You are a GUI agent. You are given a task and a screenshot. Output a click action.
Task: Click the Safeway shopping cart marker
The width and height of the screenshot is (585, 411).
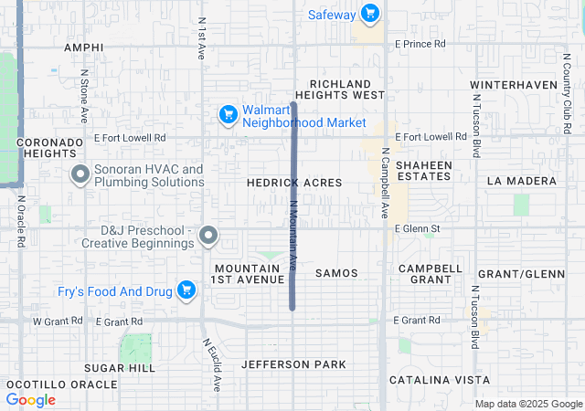pyautogui.click(x=369, y=14)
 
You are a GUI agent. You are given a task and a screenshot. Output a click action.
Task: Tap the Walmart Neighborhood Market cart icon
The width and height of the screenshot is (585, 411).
pyautogui.click(x=229, y=115)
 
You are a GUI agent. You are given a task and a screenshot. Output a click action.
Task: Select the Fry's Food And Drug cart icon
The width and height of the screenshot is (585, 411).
pyautogui.click(x=187, y=290)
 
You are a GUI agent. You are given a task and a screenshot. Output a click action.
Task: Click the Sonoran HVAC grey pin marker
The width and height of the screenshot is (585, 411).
pyautogui.click(x=80, y=174)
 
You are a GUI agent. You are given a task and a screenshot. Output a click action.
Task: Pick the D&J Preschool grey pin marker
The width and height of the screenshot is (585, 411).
pyautogui.click(x=208, y=236)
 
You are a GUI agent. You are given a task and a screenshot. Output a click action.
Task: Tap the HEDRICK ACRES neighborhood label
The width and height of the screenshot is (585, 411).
pyautogui.click(x=294, y=183)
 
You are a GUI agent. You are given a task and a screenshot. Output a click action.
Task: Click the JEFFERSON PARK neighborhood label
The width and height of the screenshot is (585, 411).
pyautogui.click(x=293, y=364)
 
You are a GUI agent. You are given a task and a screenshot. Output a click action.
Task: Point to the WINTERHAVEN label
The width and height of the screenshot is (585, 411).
pyautogui.click(x=514, y=85)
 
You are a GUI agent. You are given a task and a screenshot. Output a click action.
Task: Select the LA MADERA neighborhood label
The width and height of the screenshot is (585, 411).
pyautogui.click(x=521, y=181)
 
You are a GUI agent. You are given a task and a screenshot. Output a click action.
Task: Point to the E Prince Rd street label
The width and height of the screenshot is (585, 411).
pyautogui.click(x=420, y=43)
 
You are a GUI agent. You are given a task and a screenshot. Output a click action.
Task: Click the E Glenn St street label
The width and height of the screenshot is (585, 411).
pyautogui.click(x=418, y=228)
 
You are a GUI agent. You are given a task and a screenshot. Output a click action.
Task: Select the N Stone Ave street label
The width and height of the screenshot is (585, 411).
pyautogui.click(x=83, y=96)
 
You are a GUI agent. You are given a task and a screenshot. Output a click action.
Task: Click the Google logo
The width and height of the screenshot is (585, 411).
pyautogui.click(x=30, y=399)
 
